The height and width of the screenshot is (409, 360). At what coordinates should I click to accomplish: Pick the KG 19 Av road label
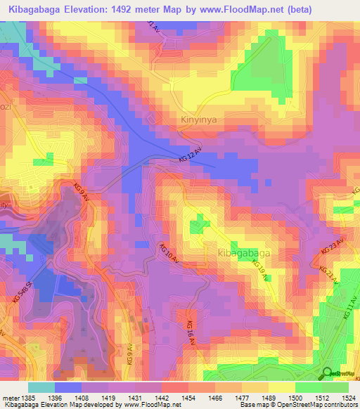point(259,270)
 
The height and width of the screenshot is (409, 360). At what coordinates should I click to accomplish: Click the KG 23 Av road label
point(333,247)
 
